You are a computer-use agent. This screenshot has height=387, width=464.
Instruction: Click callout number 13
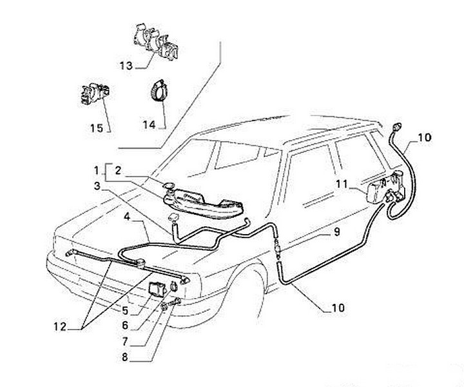tap(126, 66)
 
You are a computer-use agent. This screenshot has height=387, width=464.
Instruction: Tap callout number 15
tap(96, 128)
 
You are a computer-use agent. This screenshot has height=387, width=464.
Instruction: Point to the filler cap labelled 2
tap(171, 188)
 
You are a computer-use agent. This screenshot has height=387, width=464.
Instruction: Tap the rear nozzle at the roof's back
tap(395, 125)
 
